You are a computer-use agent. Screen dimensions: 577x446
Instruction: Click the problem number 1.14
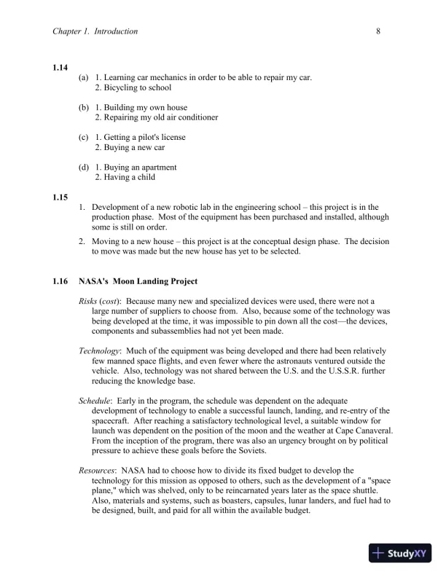(60, 67)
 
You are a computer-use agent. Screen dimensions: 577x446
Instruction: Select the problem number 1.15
(60, 197)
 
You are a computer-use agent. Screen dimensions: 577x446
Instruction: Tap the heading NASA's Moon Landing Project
(138, 281)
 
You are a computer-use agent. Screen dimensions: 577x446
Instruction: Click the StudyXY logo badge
(402, 553)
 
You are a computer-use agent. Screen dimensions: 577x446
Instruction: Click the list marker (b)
(83, 107)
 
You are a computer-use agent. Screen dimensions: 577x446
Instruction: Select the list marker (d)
(83, 167)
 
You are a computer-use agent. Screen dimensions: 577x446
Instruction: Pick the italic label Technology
(98, 350)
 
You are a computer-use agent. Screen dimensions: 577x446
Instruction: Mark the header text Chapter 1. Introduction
(95, 31)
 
